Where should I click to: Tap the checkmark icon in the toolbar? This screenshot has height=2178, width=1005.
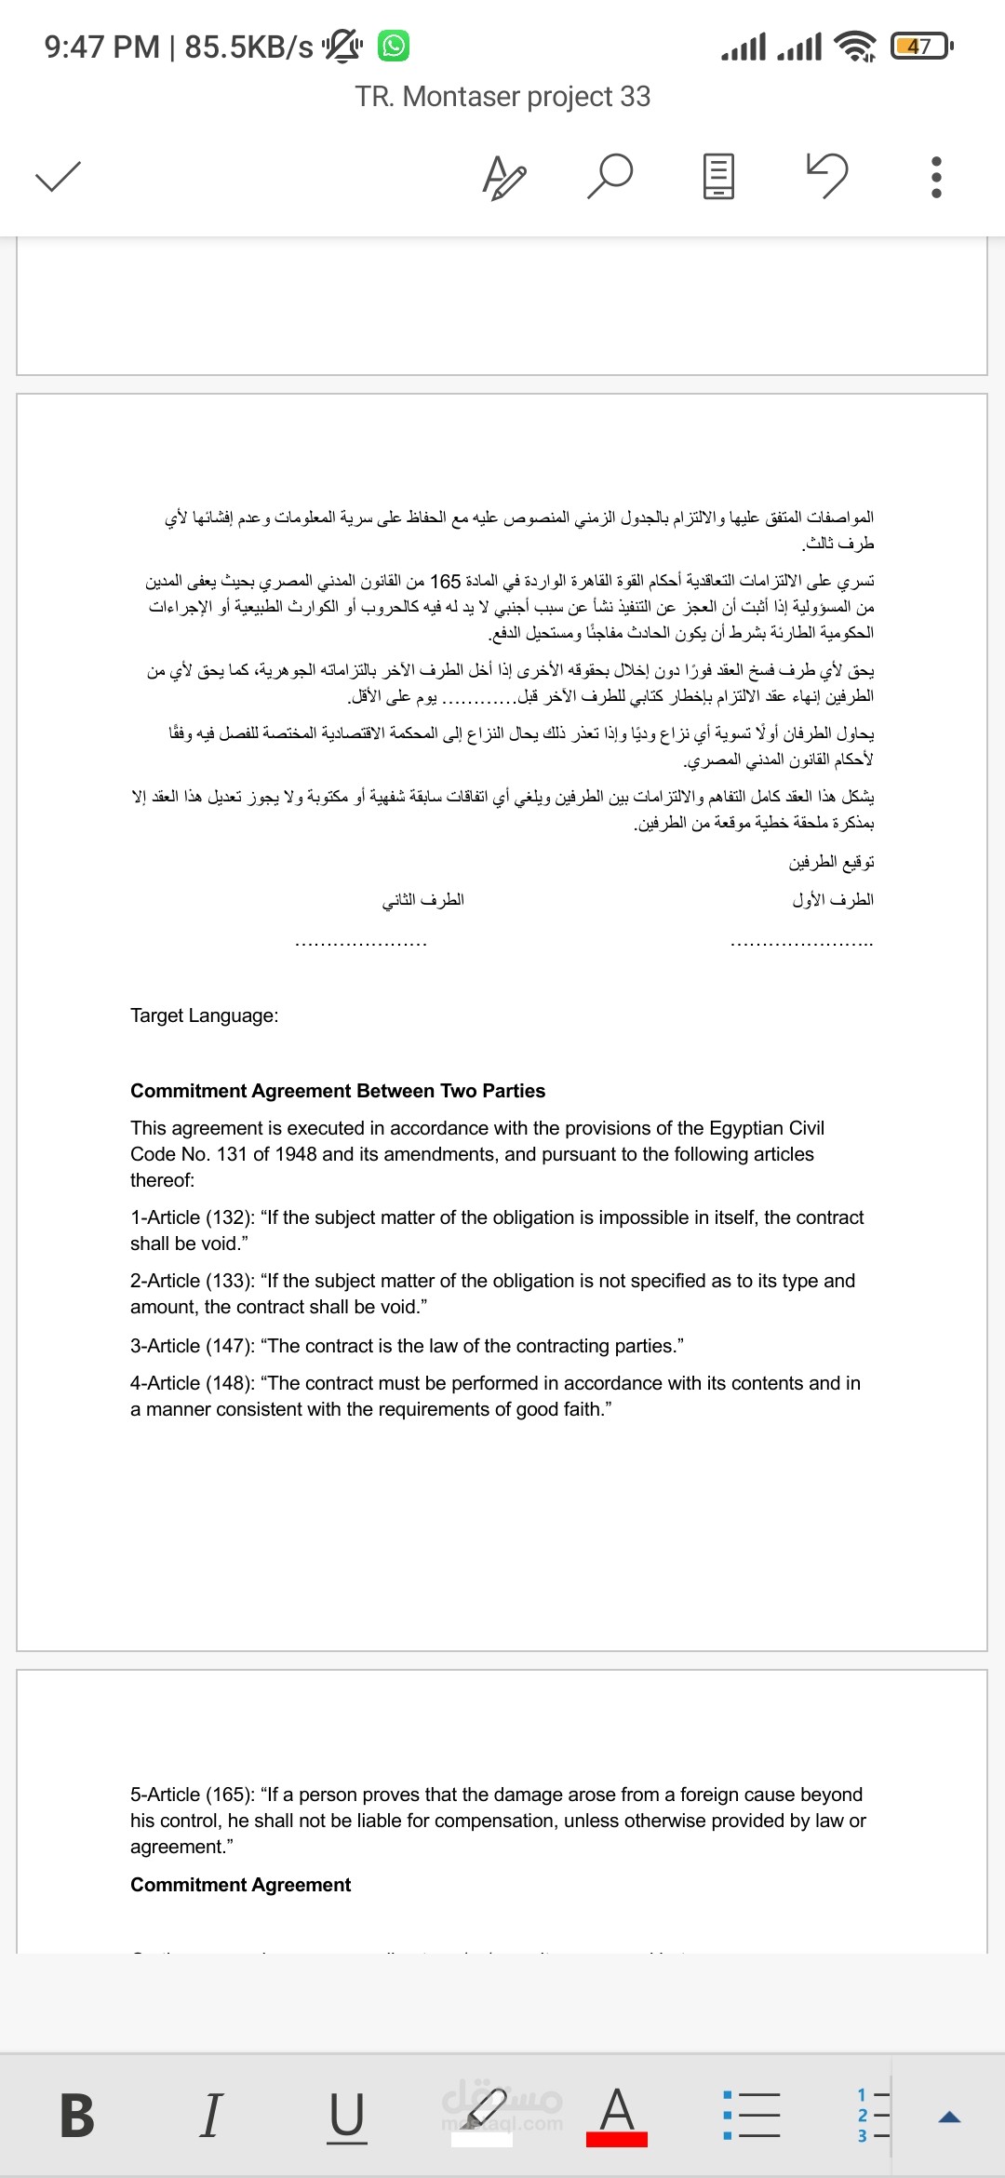pyautogui.click(x=58, y=176)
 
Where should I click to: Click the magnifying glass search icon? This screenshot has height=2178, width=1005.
pyautogui.click(x=610, y=176)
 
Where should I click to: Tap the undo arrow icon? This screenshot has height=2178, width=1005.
pyautogui.click(x=827, y=175)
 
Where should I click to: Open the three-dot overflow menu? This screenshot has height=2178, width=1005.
pyautogui.click(x=936, y=176)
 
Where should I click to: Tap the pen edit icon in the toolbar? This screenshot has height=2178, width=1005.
pyautogui.click(x=504, y=177)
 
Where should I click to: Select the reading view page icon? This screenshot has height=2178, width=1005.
pyautogui.click(x=717, y=176)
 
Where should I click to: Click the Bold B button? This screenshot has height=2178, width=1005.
pyautogui.click(x=77, y=2115)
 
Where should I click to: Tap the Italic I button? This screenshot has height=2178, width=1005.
pyautogui.click(x=211, y=2115)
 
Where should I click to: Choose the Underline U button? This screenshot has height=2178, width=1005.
pyautogui.click(x=346, y=2115)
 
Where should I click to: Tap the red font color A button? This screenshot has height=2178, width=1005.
pyautogui.click(x=616, y=2115)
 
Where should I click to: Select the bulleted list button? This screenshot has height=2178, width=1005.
pyautogui.click(x=751, y=2115)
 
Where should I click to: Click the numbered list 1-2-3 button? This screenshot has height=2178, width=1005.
pyautogui.click(x=873, y=2115)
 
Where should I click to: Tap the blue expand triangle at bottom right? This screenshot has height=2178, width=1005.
pyautogui.click(x=949, y=2117)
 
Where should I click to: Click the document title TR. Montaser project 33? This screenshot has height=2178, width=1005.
pyautogui.click(x=502, y=97)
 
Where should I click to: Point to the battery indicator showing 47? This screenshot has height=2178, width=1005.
pyautogui.click(x=919, y=46)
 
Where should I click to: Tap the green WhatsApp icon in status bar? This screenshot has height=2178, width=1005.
pyautogui.click(x=394, y=46)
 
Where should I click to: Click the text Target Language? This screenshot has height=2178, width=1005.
pyautogui.click(x=204, y=1015)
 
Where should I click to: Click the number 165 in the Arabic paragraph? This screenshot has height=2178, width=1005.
pyautogui.click(x=445, y=581)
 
